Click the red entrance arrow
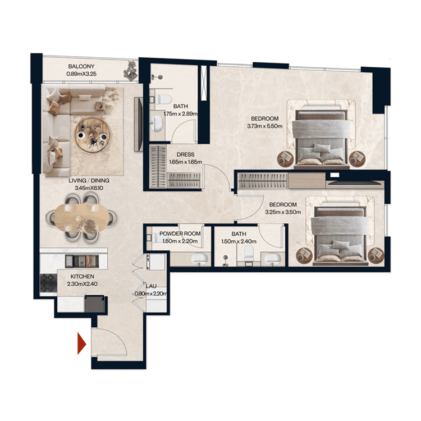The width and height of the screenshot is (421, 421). (81, 343)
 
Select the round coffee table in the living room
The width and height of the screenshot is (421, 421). (90, 135)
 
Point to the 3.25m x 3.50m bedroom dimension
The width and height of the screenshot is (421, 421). (283, 212)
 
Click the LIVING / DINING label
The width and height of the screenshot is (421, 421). (89, 180)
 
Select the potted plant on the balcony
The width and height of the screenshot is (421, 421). (131, 70)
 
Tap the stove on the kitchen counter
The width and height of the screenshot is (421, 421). (78, 260)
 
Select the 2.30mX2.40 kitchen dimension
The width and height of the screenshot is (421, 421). (83, 285)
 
